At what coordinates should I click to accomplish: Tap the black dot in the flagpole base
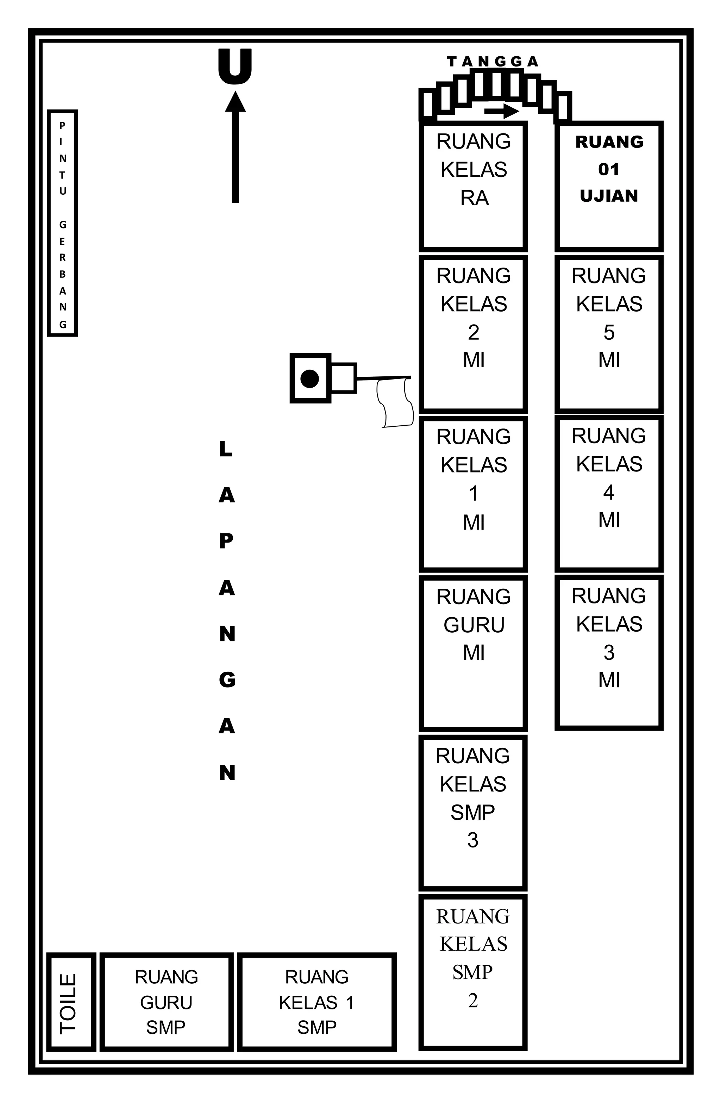click(309, 378)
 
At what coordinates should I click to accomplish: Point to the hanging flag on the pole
click(395, 402)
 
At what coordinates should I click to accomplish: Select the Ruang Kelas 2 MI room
click(473, 334)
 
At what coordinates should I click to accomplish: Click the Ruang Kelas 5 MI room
click(609, 334)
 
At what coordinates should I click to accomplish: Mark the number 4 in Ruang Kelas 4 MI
click(609, 493)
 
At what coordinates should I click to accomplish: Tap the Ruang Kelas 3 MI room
click(609, 652)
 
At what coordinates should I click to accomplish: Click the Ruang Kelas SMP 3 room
click(473, 813)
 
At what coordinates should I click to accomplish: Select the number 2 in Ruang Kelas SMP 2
click(473, 1001)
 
